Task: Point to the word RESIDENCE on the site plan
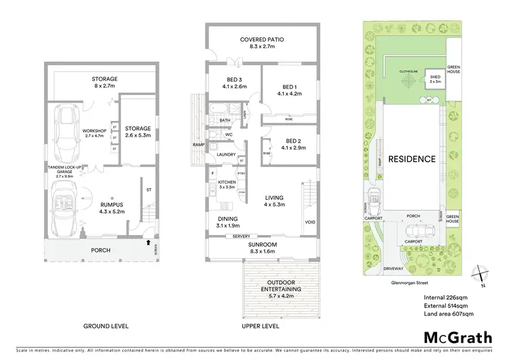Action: click(x=411, y=160)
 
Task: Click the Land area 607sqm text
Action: click(x=448, y=314)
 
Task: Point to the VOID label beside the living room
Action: click(x=310, y=222)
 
